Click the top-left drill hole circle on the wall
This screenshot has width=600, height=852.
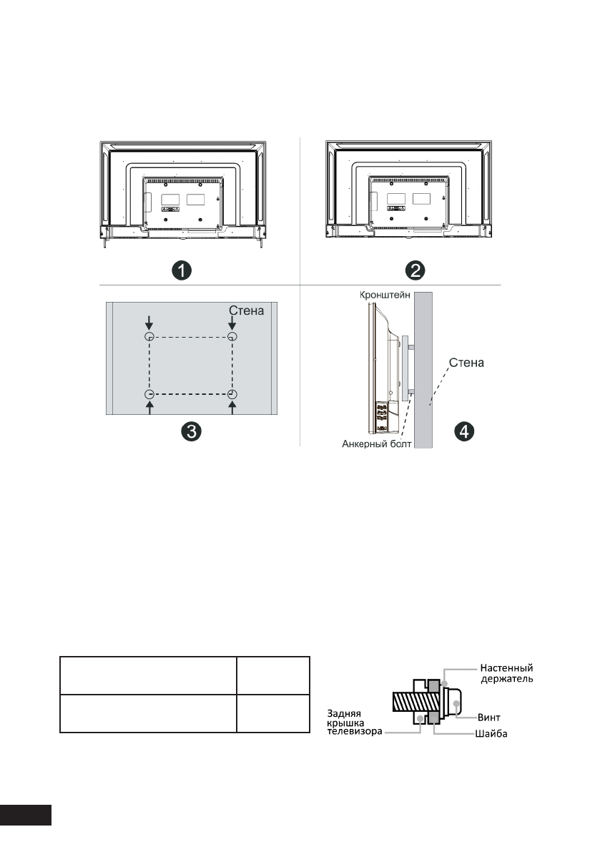pos(149,337)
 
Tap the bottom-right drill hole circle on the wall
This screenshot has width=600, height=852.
pos(232,395)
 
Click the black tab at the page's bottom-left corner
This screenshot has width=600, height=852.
pos(26,815)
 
